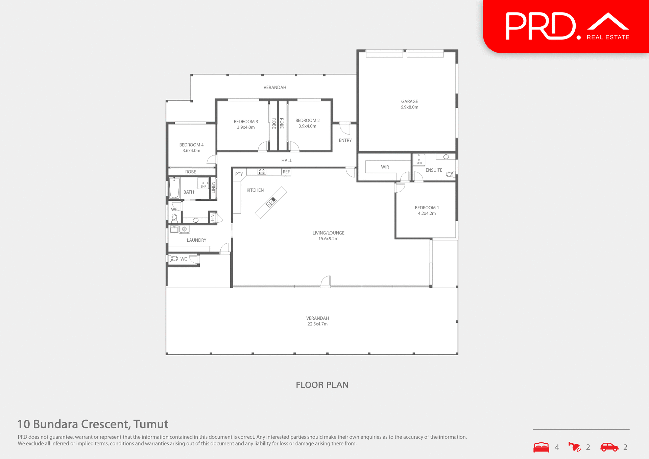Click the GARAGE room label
[x=409, y=101]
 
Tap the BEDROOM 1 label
[x=427, y=208]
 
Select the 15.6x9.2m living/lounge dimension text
[x=328, y=239]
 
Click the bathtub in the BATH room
[x=174, y=188]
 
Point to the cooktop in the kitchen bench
[x=262, y=172]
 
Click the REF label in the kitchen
[x=286, y=172]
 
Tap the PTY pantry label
[x=239, y=174]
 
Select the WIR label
[x=385, y=167]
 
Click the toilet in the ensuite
[x=450, y=174]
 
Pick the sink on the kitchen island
[x=270, y=202]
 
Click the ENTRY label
[x=345, y=140]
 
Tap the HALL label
[x=286, y=161]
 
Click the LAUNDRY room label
[x=196, y=240]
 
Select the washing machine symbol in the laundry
[x=185, y=229]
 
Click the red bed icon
[x=541, y=447]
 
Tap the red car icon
[x=609, y=447]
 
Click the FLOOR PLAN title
[x=322, y=385]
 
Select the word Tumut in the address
[x=151, y=424]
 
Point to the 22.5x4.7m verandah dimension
[x=317, y=324]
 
